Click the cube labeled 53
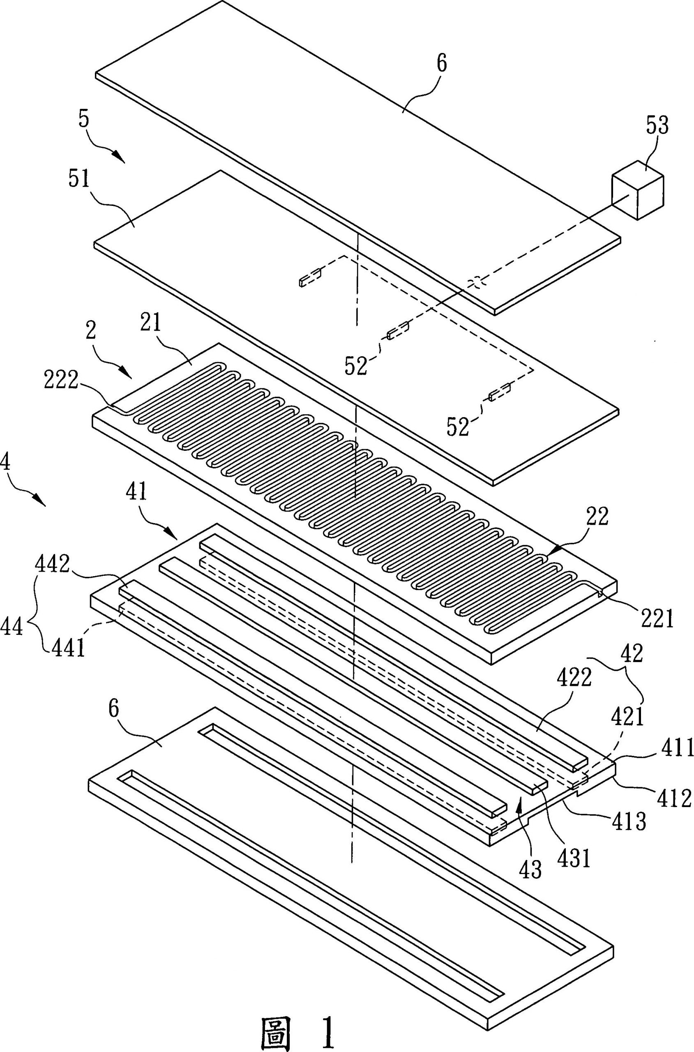637,195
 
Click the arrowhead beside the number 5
118,155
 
